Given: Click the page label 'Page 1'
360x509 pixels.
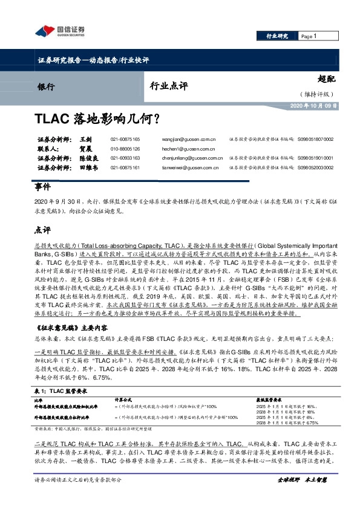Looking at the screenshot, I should point(309,36).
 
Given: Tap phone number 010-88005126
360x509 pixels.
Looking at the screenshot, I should point(125,148).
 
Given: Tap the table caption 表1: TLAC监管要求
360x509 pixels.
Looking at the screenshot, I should point(61,374).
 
